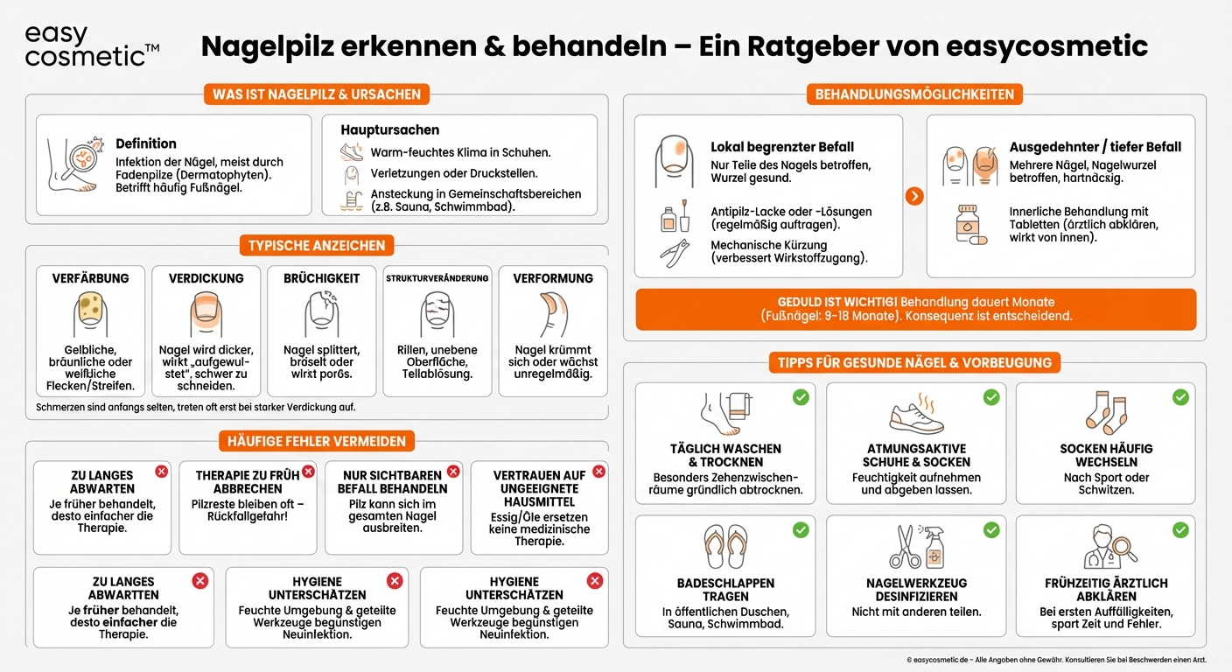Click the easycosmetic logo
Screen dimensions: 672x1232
coord(87,46)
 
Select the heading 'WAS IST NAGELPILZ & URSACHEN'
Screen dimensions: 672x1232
coord(317,94)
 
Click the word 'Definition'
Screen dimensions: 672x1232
coord(146,143)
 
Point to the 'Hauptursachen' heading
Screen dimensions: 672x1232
coord(389,129)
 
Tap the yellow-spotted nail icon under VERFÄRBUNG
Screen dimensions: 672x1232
coord(90,313)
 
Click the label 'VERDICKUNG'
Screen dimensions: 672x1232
coord(206,278)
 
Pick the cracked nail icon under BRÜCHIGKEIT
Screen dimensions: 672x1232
coord(321,313)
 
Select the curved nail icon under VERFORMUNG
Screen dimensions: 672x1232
coord(552,313)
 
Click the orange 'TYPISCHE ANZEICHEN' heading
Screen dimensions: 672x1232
coord(316,246)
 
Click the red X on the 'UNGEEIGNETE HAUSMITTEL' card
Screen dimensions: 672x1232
coord(598,472)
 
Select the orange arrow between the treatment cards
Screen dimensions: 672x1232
coord(914,196)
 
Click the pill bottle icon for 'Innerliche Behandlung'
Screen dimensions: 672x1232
coord(970,226)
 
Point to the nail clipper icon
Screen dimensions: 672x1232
coord(675,254)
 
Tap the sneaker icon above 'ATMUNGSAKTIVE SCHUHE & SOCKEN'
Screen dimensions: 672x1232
coord(916,415)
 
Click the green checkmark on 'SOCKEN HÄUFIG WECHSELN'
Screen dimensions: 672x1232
coord(1180,397)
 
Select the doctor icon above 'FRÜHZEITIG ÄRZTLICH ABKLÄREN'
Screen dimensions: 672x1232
coord(1107,547)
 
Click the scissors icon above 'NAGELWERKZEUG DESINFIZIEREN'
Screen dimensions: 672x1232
coord(906,547)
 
